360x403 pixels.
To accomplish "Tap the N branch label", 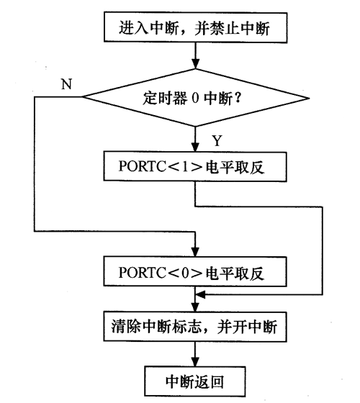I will click(x=66, y=83).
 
